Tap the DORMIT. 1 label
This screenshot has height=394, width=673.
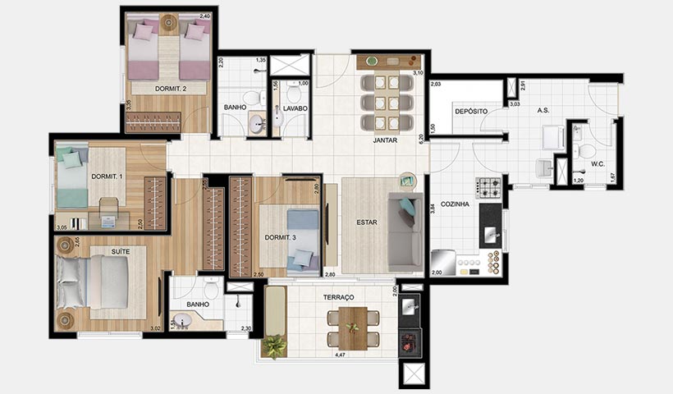pyautogui.click(x=107, y=176)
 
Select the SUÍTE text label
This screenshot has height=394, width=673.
pyautogui.click(x=121, y=251)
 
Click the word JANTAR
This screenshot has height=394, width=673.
pyautogui.click(x=386, y=140)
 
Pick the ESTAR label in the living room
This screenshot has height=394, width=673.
pyautogui.click(x=366, y=222)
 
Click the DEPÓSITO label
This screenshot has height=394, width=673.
pyautogui.click(x=471, y=111)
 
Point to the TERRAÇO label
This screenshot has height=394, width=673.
pyautogui.click(x=337, y=296)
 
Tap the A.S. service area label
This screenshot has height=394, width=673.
pyautogui.click(x=543, y=110)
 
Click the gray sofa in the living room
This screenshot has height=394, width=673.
pyautogui.click(x=405, y=231)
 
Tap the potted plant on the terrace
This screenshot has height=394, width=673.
pyautogui.click(x=274, y=346)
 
